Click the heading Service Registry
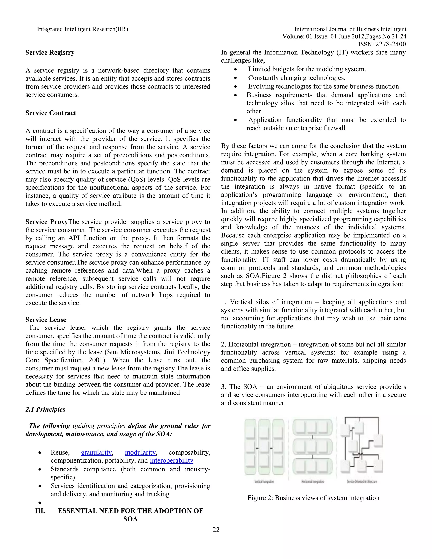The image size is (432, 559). [50, 53]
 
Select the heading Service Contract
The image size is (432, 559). [51, 113]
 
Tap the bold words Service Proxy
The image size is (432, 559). [47, 222]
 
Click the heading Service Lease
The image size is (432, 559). [46, 319]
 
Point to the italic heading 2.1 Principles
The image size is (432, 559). [45, 409]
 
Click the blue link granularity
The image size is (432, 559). [96, 452]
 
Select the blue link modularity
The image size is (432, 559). [140, 452]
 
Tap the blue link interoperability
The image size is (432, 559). [171, 461]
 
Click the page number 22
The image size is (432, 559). [216, 529]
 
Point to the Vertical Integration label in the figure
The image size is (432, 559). [264, 482]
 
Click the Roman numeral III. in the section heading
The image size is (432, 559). [40, 511]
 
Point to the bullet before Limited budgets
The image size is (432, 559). [235, 69]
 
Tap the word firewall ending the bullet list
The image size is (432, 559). [335, 128]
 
